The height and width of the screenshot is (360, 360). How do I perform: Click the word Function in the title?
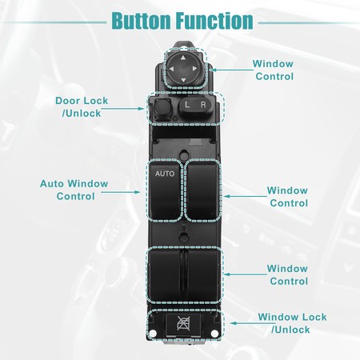point(214,21)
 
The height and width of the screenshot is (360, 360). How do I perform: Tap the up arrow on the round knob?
point(183,58)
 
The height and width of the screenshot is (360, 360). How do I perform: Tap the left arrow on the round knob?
point(171,69)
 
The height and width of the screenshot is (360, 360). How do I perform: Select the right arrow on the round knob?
point(194,69)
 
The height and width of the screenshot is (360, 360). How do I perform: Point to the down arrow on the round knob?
point(183,80)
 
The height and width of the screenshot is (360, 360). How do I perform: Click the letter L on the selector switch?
point(187,105)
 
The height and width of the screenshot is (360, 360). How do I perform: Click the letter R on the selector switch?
point(203,105)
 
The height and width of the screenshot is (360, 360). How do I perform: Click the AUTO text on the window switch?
point(165,174)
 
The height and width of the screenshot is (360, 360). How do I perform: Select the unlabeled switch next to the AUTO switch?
point(202,190)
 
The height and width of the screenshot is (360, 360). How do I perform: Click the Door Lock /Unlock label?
point(82,107)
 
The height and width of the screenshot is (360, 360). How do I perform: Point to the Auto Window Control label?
point(74,190)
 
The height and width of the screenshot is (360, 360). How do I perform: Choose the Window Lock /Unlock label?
point(292,323)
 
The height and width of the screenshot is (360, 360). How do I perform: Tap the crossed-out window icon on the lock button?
point(183,323)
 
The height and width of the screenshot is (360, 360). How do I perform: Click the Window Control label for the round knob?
point(273,70)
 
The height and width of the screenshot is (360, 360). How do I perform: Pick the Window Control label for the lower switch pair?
point(287,274)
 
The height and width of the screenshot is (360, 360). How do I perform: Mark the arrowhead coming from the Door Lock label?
point(142,109)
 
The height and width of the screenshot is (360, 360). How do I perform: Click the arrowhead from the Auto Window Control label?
point(138,192)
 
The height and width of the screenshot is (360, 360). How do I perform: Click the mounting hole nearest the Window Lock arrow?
point(214,334)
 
